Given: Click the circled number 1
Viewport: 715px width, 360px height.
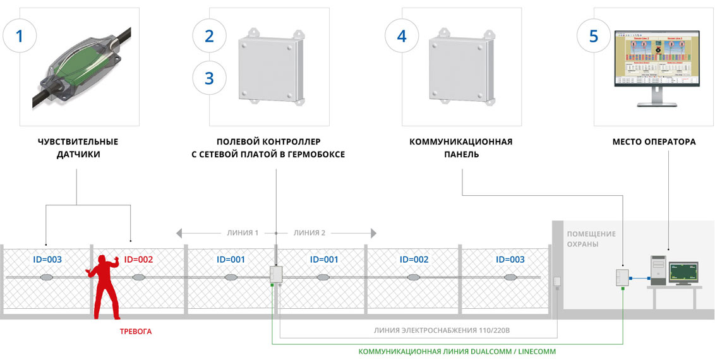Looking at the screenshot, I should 20,35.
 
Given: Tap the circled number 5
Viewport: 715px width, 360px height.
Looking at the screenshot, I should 593,35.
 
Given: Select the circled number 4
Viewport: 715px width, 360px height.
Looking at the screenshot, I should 402,35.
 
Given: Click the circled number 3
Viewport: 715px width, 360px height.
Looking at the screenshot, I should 209,78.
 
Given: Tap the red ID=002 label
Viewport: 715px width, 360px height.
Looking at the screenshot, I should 138,259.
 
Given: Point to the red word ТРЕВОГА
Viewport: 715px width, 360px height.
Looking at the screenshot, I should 136,331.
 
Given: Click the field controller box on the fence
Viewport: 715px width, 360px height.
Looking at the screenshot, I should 276,275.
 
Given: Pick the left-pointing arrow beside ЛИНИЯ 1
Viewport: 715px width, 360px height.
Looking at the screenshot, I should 181,233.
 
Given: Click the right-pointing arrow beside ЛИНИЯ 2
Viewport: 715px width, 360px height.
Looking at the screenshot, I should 373,233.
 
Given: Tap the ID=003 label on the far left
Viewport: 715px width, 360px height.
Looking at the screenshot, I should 47,259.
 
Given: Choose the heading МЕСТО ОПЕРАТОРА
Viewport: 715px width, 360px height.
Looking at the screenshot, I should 654,141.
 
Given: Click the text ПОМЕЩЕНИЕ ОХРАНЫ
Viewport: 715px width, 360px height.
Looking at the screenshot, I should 591,239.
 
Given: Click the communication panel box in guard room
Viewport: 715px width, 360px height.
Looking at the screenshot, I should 623,277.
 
